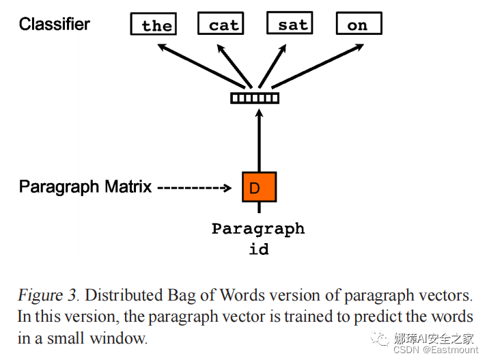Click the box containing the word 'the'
click(154, 25)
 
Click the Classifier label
click(55, 25)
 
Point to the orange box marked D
click(259, 187)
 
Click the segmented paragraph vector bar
click(255, 98)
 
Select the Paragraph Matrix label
click(85, 186)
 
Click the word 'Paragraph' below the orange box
click(258, 229)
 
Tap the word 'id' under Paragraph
click(258, 249)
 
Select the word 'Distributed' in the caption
click(122, 296)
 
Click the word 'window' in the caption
click(123, 338)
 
